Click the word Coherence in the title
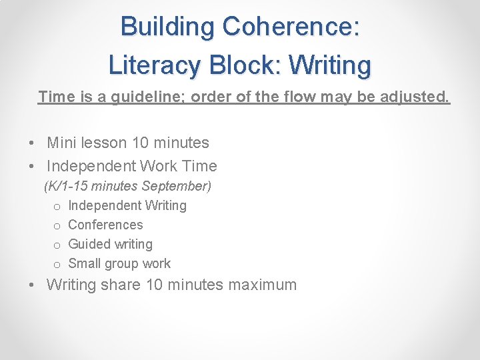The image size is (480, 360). [291, 27]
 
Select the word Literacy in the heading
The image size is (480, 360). [155, 65]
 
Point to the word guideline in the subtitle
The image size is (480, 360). [143, 97]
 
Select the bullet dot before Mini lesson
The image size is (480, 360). [31, 143]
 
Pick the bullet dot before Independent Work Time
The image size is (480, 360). [31, 167]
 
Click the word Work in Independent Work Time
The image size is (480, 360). [156, 166]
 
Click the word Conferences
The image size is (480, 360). [105, 225]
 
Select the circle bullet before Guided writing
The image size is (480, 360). [57, 245]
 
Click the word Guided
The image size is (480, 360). [89, 244]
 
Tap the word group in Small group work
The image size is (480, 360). [125, 264]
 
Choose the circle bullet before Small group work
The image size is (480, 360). [57, 264]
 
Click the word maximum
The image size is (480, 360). [262, 285]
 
